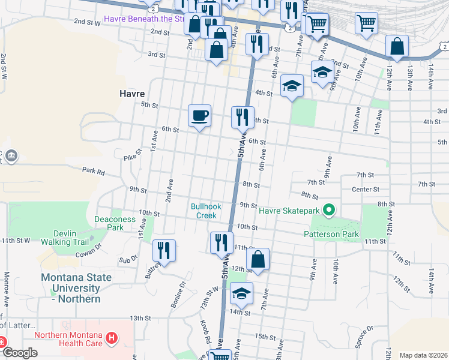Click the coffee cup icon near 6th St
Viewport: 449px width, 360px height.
click(199, 115)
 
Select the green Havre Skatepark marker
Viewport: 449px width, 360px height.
click(328, 210)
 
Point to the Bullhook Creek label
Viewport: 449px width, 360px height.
click(206, 211)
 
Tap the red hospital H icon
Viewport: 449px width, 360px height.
click(110, 339)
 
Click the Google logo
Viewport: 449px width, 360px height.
click(19, 352)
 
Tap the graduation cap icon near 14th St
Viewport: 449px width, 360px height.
click(241, 293)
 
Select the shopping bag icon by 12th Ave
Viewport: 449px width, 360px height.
click(397, 46)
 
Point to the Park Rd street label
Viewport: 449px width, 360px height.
click(94, 172)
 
